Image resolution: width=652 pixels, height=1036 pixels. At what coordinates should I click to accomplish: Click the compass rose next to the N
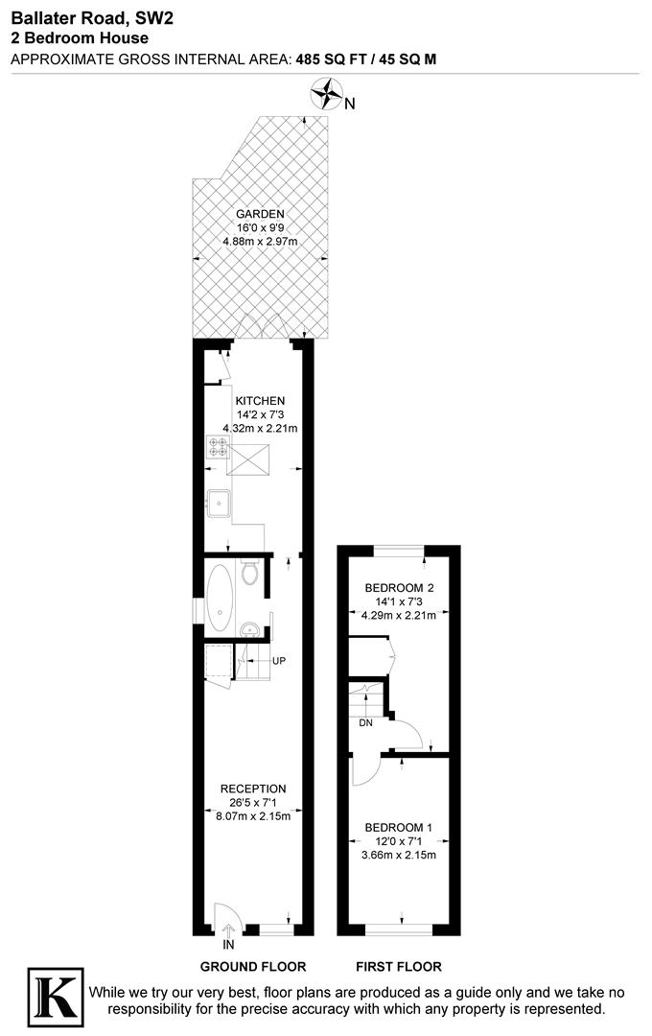coord(327,95)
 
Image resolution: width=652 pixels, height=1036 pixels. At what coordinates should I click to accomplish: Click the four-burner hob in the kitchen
coord(217,449)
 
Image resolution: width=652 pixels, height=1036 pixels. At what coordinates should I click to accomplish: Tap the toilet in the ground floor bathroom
coord(250,574)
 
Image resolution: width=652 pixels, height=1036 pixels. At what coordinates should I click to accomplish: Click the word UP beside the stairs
coord(278,661)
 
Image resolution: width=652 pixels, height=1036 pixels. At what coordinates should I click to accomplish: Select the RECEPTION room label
coord(253,789)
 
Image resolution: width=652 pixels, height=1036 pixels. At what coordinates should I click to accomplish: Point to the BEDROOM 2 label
coord(400,588)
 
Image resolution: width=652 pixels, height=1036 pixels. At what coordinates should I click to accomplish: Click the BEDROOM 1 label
coord(399,827)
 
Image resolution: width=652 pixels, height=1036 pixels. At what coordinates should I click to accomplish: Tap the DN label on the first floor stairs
coord(365,723)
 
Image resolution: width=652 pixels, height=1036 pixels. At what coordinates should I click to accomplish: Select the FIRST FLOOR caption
coord(399,966)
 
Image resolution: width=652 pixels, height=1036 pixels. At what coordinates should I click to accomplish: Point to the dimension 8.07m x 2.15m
coord(253,815)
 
